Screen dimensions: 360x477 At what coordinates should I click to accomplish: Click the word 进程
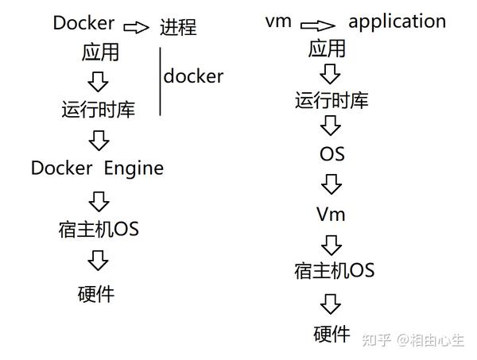point(178,29)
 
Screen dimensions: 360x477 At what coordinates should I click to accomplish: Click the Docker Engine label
point(97,168)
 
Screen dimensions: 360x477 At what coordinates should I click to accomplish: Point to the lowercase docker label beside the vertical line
point(193,76)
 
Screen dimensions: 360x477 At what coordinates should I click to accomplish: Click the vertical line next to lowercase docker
point(161,83)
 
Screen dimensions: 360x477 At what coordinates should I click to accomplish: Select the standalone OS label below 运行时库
point(332,154)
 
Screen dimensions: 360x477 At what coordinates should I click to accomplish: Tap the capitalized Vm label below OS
point(331,215)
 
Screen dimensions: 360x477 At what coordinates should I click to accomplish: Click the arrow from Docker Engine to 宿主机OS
point(99,199)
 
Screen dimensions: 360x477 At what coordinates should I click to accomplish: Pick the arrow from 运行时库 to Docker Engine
point(99,141)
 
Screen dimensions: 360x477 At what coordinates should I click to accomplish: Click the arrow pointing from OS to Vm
point(332,184)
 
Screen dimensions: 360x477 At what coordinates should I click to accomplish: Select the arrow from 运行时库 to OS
point(332,126)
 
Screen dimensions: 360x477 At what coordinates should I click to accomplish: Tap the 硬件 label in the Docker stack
point(96,294)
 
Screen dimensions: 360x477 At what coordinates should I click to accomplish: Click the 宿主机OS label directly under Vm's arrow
point(333,271)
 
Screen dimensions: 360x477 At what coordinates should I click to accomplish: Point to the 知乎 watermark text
point(376,340)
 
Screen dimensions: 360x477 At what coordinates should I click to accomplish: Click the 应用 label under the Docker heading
point(100,52)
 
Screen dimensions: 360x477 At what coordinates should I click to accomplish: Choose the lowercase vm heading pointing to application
point(279,21)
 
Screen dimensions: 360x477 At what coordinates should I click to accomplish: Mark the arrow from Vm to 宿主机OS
point(332,243)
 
